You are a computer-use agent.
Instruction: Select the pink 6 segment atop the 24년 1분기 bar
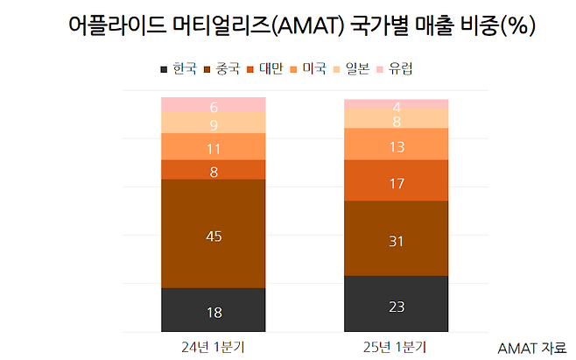tap(214, 105)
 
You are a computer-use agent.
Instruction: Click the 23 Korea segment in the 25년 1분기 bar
tap(397, 304)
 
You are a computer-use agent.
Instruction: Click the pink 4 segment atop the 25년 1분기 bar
tap(397, 104)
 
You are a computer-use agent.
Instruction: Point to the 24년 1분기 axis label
tap(214, 346)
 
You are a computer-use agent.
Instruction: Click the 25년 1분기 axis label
tap(397, 346)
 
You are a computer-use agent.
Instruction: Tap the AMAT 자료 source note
tap(530, 348)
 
